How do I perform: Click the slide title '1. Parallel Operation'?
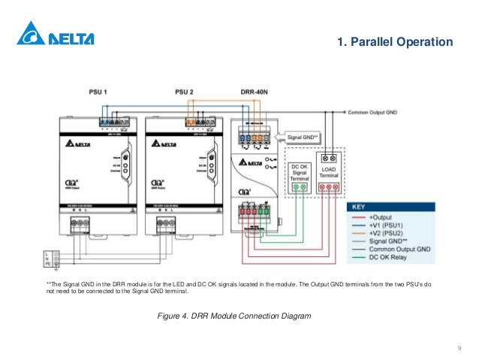pyautogui.click(x=396, y=41)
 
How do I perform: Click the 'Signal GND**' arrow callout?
pyautogui.click(x=303, y=138)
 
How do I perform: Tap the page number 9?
pyautogui.click(x=458, y=348)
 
